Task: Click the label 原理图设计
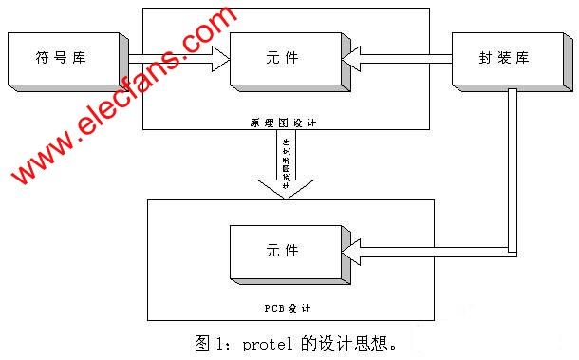click(286, 123)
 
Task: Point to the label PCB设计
click(286, 308)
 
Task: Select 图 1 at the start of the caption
click(210, 342)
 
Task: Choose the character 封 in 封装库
click(485, 58)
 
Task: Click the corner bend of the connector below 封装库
click(513, 252)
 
